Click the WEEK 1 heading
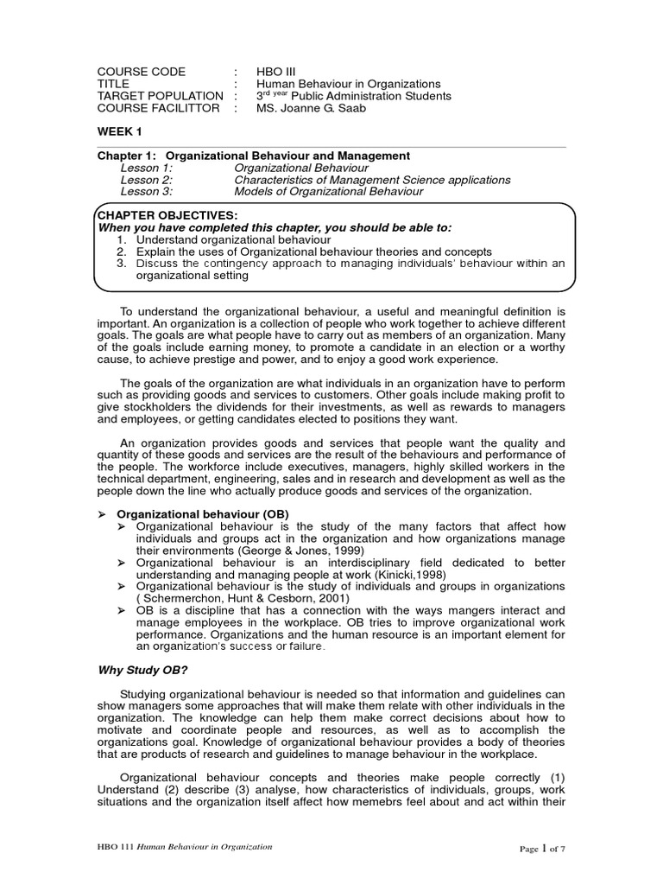pos(119,131)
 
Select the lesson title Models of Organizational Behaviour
pos(329,192)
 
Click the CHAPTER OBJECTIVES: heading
pos(166,214)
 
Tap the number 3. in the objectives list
pos(122,263)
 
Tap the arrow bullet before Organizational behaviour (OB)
pos(100,513)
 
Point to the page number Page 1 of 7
pos(541,848)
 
